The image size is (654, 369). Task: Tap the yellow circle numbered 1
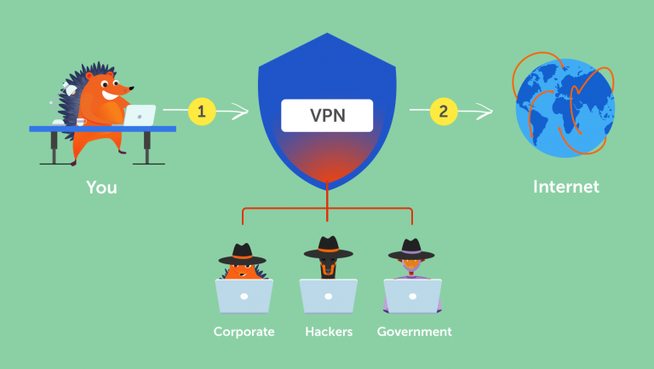pyautogui.click(x=201, y=111)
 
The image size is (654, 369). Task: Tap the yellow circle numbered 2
pyautogui.click(x=443, y=110)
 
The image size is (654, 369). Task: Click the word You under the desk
pyautogui.click(x=101, y=186)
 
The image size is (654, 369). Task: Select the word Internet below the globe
pyautogui.click(x=566, y=186)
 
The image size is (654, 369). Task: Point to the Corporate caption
pyautogui.click(x=244, y=332)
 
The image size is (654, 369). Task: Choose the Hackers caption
pyautogui.click(x=328, y=332)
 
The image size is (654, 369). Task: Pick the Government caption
pyautogui.click(x=415, y=332)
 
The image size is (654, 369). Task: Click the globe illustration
pyautogui.click(x=566, y=107)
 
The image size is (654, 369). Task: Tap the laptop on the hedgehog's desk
pyautogui.click(x=139, y=115)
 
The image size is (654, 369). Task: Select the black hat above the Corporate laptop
pyautogui.click(x=243, y=253)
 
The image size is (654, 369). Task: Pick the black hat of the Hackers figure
pyautogui.click(x=329, y=248)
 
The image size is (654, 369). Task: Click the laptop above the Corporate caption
pyautogui.click(x=244, y=295)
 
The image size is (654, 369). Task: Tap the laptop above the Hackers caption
pyautogui.click(x=328, y=295)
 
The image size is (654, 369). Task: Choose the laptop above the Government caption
pyautogui.click(x=412, y=295)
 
